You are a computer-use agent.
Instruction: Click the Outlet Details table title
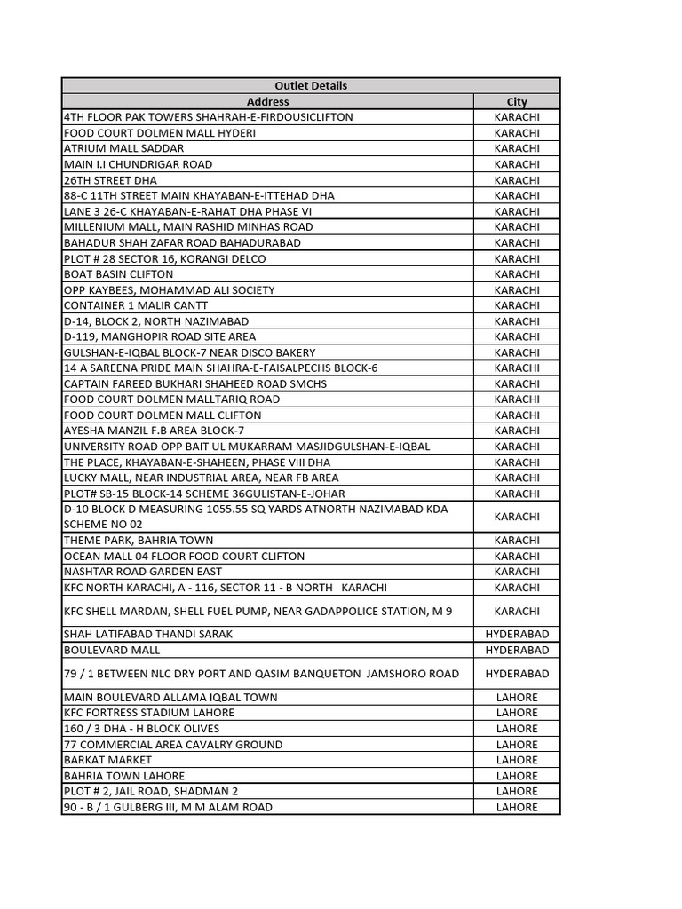311,86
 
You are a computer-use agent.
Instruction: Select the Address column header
267,102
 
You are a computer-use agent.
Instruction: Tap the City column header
517,102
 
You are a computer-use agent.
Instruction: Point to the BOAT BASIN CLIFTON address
119,274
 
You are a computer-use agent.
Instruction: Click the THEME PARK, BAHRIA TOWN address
139,541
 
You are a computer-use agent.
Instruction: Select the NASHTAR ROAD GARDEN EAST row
143,572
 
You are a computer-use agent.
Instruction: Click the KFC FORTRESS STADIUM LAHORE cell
149,713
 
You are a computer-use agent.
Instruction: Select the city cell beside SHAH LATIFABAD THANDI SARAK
517,635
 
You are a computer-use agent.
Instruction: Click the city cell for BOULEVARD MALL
517,651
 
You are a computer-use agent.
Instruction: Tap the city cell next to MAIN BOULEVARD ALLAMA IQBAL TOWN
517,698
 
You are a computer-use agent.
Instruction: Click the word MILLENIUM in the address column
92,227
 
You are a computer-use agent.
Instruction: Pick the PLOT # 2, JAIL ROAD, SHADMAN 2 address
151,791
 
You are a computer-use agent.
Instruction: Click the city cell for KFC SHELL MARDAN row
517,611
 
